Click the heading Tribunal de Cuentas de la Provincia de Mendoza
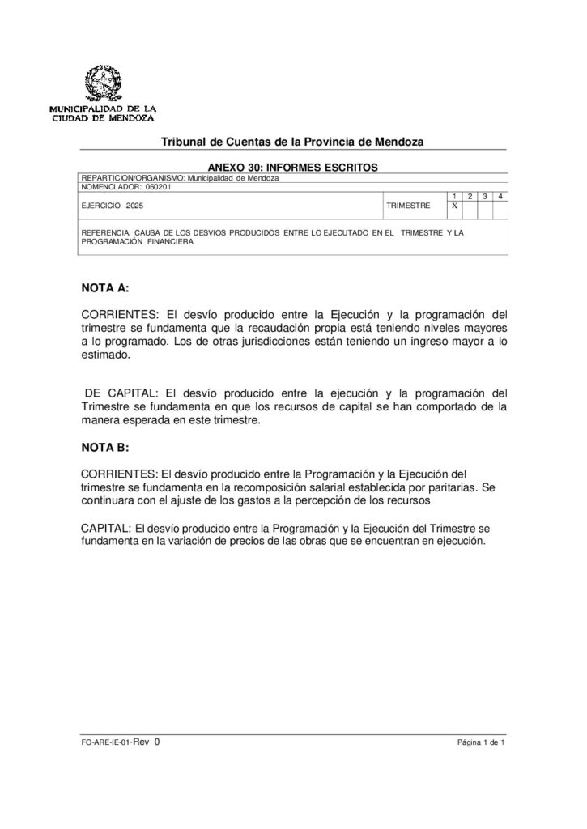(x=292, y=142)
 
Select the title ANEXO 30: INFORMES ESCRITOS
(x=293, y=166)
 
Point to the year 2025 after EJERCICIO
(x=134, y=206)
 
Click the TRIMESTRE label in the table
(x=408, y=206)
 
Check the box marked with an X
(x=455, y=206)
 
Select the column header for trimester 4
(x=501, y=197)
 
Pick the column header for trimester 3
(x=486, y=197)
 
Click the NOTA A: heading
(x=105, y=287)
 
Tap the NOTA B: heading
(x=105, y=447)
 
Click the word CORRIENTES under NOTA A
(x=121, y=314)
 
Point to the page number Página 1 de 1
(x=481, y=742)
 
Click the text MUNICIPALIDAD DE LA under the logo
(x=103, y=108)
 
